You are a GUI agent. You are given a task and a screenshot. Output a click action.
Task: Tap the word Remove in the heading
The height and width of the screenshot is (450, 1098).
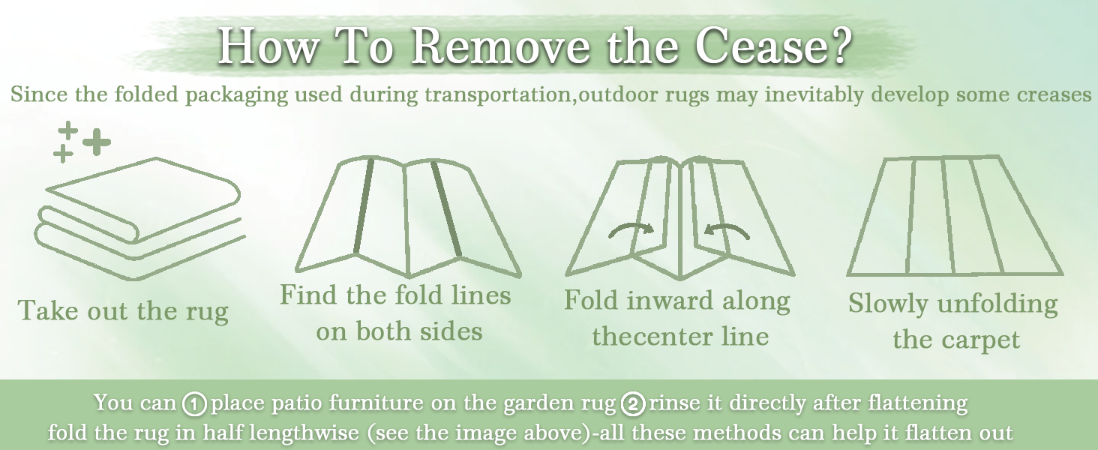pos(501,46)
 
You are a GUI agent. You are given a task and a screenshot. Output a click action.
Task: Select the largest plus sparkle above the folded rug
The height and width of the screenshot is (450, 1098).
pos(97,142)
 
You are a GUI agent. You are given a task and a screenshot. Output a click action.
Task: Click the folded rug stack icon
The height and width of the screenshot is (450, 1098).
pos(139,219)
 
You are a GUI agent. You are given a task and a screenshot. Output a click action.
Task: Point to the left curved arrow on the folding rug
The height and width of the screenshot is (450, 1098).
pos(631,230)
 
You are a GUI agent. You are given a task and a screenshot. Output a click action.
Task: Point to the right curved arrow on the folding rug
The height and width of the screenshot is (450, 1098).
pos(727,231)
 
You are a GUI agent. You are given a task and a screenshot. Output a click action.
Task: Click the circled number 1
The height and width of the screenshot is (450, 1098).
pos(194,404)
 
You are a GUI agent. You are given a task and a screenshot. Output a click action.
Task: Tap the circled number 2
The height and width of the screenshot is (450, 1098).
pos(633,404)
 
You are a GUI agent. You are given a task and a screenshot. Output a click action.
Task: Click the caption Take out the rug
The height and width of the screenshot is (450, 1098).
pos(123,310)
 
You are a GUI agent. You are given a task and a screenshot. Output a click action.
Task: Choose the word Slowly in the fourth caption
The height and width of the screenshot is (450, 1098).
pos(888,304)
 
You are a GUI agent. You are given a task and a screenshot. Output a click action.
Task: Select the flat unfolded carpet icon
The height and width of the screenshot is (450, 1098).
pos(955,216)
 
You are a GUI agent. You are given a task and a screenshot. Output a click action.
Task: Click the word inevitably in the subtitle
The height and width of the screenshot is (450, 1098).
pos(814,94)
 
